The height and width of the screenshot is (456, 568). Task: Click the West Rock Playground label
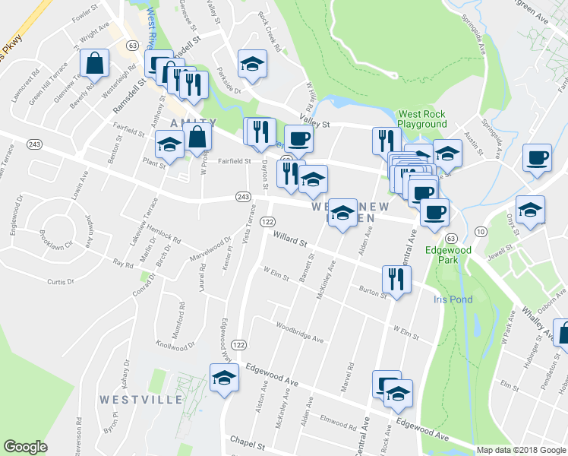[422, 119]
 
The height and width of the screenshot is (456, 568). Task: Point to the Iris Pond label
[453, 299]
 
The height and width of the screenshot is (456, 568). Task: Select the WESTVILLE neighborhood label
[140, 400]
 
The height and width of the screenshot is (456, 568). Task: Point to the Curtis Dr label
[61, 282]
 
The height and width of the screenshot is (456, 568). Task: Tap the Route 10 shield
[480, 231]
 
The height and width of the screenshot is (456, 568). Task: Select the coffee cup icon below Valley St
[298, 138]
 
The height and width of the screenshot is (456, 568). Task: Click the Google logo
[25, 447]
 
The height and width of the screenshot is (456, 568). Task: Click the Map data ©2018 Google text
[522, 450]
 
